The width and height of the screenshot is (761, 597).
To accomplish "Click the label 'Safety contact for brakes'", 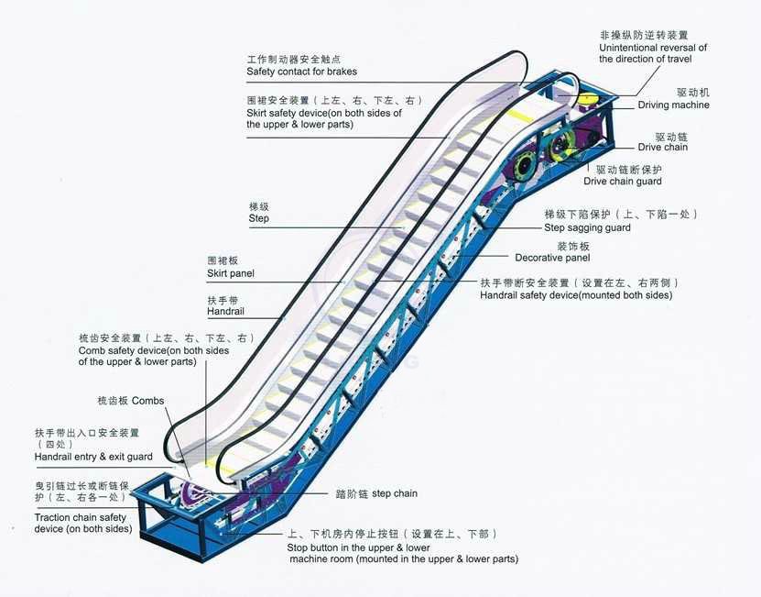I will tap(301, 72).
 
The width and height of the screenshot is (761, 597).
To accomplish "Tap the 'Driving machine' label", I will tap(673, 105).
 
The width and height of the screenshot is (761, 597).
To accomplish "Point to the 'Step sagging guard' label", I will tap(587, 227).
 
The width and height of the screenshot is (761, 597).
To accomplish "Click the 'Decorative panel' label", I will tap(552, 259).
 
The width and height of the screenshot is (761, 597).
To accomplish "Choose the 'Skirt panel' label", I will tap(231, 273).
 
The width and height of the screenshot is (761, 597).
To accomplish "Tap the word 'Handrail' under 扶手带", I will tap(226, 313).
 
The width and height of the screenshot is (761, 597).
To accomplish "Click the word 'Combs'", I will tap(147, 401).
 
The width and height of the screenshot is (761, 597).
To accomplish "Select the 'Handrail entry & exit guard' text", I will tap(93, 457).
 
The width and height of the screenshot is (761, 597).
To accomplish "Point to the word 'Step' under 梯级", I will tap(258, 219).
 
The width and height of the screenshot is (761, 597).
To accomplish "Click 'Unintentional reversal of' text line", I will tap(653, 48).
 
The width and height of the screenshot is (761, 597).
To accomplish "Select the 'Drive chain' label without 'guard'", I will tap(662, 148).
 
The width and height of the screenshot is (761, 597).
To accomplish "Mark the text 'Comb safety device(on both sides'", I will tap(154, 350).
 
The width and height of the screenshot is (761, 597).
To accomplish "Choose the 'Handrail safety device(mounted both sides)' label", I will tap(576, 295).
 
